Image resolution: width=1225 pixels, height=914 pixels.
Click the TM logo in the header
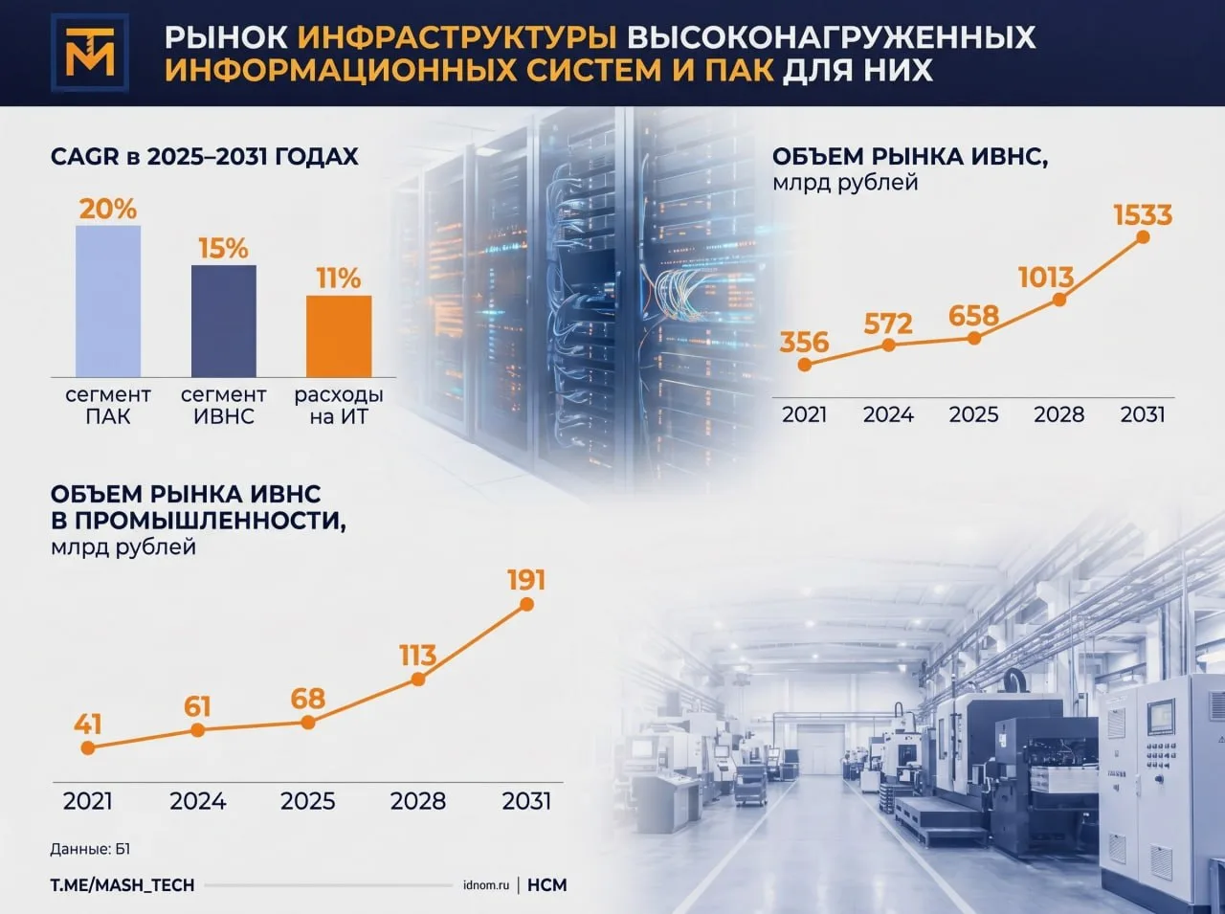tap(90, 53)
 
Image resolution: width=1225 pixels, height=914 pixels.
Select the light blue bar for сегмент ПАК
tap(108, 301)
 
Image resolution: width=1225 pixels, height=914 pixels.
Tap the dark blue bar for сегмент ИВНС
tap(224, 321)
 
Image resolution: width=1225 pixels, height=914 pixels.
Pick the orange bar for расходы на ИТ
tap(339, 337)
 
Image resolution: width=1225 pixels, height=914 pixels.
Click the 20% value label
tap(108, 210)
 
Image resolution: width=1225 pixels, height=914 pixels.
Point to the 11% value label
tap(339, 279)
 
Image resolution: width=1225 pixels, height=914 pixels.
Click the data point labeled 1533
tap(1143, 237)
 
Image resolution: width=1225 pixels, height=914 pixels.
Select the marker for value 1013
tap(1059, 300)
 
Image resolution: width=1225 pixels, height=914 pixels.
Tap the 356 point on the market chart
tap(804, 365)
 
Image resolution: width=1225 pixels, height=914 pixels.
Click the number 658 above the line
tap(974, 316)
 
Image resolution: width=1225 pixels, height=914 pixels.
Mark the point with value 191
tap(526, 604)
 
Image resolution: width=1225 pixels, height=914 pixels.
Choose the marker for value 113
tap(418, 680)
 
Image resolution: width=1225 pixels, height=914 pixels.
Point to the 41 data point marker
tap(88, 748)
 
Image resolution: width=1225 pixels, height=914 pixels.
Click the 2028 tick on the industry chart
tap(418, 801)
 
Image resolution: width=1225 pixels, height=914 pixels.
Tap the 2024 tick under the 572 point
tap(888, 414)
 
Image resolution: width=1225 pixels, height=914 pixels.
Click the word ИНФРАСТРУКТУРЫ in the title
tap(457, 37)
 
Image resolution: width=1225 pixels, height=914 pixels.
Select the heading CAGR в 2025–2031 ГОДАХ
tap(204, 157)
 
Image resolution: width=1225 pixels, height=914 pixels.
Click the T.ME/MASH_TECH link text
tap(122, 885)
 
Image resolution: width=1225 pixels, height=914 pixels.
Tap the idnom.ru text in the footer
tap(486, 885)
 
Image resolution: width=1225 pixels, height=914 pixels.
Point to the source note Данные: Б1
tap(90, 849)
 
